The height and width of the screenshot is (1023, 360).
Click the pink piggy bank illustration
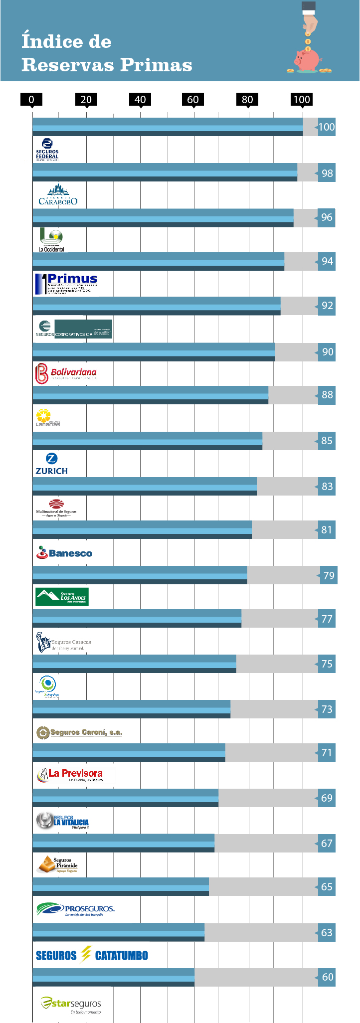pyautogui.click(x=307, y=60)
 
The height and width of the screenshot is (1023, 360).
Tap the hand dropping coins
pyautogui.click(x=310, y=17)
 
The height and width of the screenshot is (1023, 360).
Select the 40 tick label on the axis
pyautogui.click(x=140, y=99)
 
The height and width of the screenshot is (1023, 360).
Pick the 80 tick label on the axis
pyautogui.click(x=247, y=99)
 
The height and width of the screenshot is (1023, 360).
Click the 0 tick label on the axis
pyautogui.click(x=31, y=99)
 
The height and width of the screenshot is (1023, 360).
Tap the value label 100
pyautogui.click(x=326, y=127)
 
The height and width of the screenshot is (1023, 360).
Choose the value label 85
pyautogui.click(x=327, y=441)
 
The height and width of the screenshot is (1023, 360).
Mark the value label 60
pyautogui.click(x=327, y=977)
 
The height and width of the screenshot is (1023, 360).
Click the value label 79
pyautogui.click(x=329, y=576)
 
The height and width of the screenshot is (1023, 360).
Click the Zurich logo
pyautogui.click(x=51, y=464)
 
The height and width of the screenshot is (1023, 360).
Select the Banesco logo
pyautogui.click(x=64, y=552)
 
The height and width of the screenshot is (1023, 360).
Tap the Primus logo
pyautogui.click(x=66, y=284)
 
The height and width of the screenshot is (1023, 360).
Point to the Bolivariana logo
pyautogui.click(x=66, y=373)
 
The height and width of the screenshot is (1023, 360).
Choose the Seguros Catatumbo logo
pyautogui.click(x=92, y=955)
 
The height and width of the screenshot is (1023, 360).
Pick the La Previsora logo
pyautogui.click(x=70, y=775)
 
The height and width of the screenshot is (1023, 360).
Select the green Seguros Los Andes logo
pyautogui.click(x=62, y=596)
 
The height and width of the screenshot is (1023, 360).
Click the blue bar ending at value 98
pyautogui.click(x=165, y=172)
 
